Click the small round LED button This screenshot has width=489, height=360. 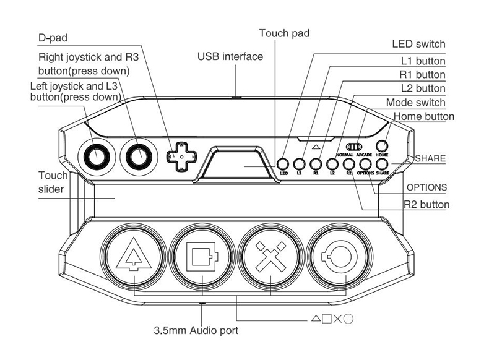(283, 164)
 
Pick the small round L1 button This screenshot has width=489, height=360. (300, 164)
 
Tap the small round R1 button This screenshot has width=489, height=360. (316, 164)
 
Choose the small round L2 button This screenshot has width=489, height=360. (332, 164)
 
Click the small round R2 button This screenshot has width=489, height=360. (348, 164)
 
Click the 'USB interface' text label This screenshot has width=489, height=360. (230, 56)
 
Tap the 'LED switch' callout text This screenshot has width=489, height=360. (418, 45)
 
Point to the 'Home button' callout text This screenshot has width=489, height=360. (423, 116)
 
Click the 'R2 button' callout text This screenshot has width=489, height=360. (426, 204)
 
